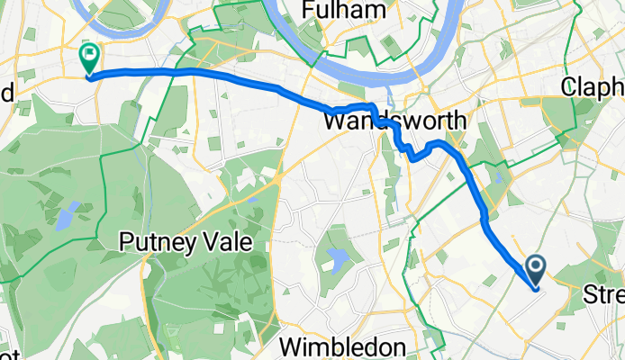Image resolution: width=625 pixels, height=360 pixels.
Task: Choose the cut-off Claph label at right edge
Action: (x=593, y=87)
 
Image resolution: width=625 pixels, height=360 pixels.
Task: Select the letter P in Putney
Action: (x=127, y=243)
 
